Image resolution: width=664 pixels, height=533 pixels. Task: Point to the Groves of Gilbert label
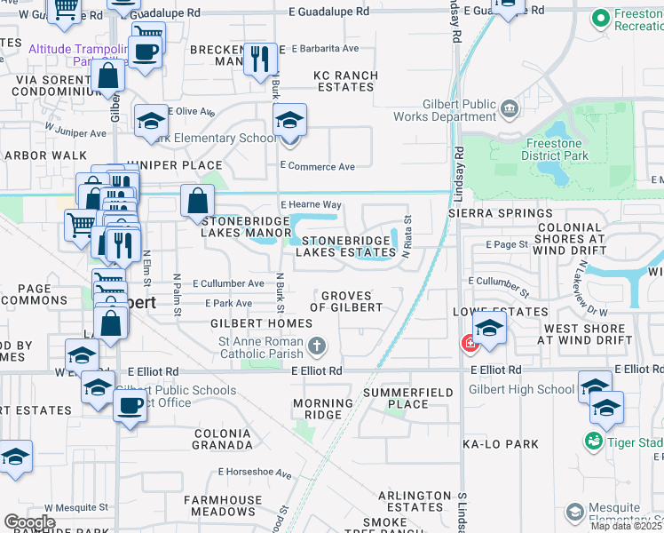pos(352,301)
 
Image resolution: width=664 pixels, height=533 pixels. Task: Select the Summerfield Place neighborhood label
pos(421,398)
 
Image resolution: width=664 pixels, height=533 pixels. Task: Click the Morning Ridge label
pos(317,409)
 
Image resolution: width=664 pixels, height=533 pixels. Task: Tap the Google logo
pos(28,522)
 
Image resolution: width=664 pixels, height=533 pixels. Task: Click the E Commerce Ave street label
pos(317,166)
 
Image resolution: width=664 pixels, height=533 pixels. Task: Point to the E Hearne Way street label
pos(311,204)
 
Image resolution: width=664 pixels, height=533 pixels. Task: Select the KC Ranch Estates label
pos(344,82)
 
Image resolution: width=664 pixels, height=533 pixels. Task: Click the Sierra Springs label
pos(500,214)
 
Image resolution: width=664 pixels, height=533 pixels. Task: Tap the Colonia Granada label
pos(224,438)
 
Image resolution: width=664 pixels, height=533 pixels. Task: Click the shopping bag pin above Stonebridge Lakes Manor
pos(196,201)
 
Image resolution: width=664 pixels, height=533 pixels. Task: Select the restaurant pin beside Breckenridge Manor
pos(259,60)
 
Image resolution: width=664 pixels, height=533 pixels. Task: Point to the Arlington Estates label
pos(415,501)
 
